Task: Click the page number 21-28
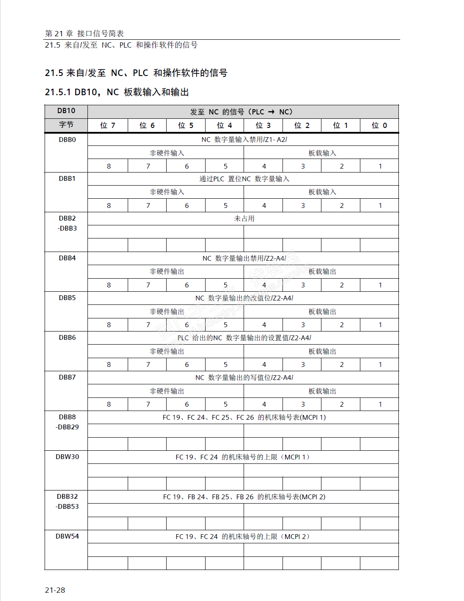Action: (x=55, y=590)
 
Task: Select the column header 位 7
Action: (x=108, y=125)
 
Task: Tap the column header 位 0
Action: (x=379, y=125)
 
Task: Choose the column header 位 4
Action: (x=224, y=125)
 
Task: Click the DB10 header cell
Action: (x=66, y=111)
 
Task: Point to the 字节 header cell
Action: (x=66, y=125)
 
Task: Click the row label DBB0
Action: (x=67, y=140)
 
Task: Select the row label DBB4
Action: (x=67, y=258)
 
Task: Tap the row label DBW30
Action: (x=67, y=457)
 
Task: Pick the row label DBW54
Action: (x=67, y=536)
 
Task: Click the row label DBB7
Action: (x=67, y=377)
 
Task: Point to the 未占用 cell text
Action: (x=244, y=218)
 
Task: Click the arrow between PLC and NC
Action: (x=272, y=112)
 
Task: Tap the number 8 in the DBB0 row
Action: (x=109, y=166)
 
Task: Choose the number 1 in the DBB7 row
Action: (x=380, y=404)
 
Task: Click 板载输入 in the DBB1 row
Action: (x=322, y=192)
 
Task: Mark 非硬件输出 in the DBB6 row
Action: (x=167, y=352)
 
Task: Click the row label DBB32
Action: (x=67, y=497)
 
